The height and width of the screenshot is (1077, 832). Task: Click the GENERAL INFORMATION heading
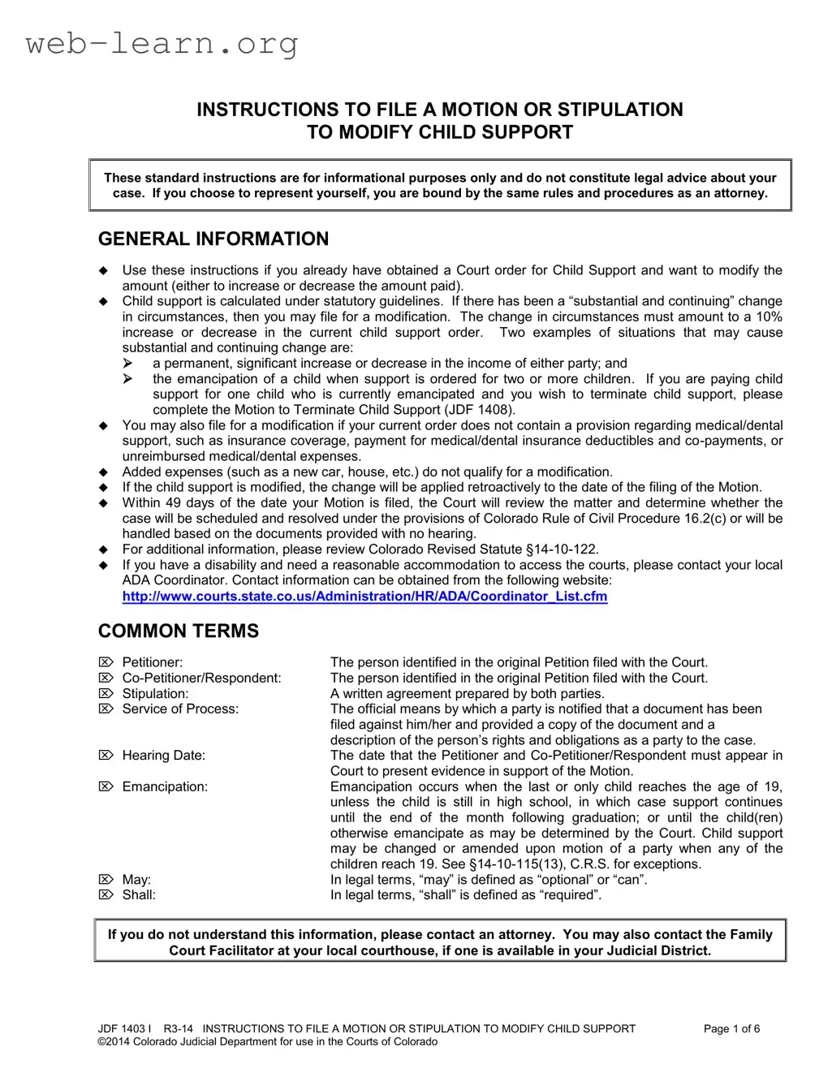(x=213, y=239)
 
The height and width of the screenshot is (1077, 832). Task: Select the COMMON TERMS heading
(x=179, y=631)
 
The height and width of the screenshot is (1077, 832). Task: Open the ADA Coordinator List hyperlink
(x=364, y=597)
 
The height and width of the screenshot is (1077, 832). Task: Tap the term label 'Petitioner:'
(x=152, y=662)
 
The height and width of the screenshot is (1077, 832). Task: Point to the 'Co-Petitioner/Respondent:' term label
(x=201, y=678)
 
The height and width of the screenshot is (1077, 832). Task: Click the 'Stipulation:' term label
(x=155, y=693)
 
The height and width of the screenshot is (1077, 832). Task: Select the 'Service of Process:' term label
(x=180, y=709)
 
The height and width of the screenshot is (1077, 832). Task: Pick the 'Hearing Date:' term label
(x=163, y=756)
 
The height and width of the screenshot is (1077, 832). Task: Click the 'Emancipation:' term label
(x=165, y=786)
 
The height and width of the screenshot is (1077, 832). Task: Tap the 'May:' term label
(x=136, y=880)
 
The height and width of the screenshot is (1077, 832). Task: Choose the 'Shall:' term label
(x=139, y=895)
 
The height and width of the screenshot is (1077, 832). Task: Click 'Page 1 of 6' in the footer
(x=731, y=1029)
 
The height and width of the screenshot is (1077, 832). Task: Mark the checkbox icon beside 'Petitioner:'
(x=106, y=662)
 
